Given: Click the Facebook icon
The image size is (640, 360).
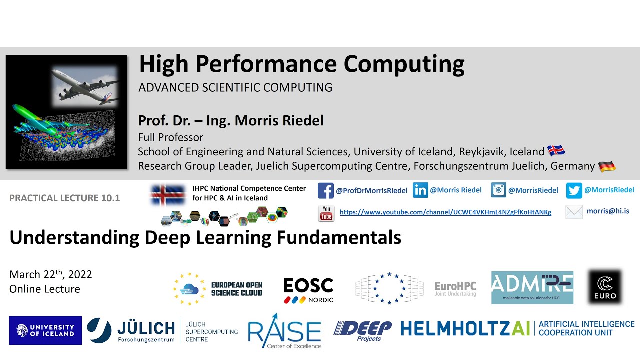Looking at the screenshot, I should click(x=326, y=191).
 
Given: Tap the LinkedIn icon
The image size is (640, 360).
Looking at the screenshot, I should click(x=421, y=190).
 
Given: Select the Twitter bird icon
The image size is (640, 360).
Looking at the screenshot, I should click(x=574, y=190).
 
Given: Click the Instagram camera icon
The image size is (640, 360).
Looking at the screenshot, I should click(x=498, y=190).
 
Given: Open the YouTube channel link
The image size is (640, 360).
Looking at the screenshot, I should click(x=445, y=212).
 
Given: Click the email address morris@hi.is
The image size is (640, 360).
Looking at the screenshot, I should click(x=608, y=211).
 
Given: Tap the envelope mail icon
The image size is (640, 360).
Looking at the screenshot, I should click(x=574, y=212).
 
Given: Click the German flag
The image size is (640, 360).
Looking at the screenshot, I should click(x=607, y=166).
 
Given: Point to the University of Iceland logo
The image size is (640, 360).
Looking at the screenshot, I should click(x=45, y=330).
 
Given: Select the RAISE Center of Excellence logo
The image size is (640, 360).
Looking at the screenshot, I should click(x=284, y=331).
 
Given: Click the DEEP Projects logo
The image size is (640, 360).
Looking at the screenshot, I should click(x=363, y=331).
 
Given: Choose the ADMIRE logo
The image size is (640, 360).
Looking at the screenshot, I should click(x=532, y=287).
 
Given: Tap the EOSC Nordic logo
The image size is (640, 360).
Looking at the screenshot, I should click(x=308, y=290).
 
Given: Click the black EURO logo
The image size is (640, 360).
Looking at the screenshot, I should click(x=605, y=287).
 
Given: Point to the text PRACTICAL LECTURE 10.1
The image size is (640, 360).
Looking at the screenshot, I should click(x=65, y=198).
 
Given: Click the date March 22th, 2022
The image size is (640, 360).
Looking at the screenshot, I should click(x=51, y=274).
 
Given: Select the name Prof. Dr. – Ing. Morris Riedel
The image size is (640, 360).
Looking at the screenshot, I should click(x=231, y=121).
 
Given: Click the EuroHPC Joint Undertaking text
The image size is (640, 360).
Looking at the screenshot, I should click(x=455, y=288).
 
